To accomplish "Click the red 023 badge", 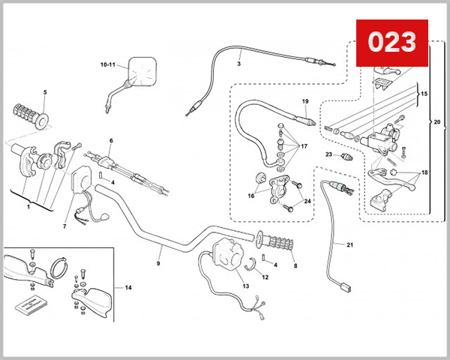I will coord(391,41).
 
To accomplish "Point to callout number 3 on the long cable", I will coord(238,64).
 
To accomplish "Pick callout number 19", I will coord(305,101).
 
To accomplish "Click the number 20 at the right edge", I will coord(438,119).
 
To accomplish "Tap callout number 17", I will coord(304,146).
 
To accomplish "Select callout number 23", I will coord(328,154).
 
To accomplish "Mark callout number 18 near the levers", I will coord(424,172).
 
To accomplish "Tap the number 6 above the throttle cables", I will coord(110,140).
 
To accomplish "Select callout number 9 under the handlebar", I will coord(158,263).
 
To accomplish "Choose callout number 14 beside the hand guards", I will coord(127,288).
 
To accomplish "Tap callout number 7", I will coord(64,226).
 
